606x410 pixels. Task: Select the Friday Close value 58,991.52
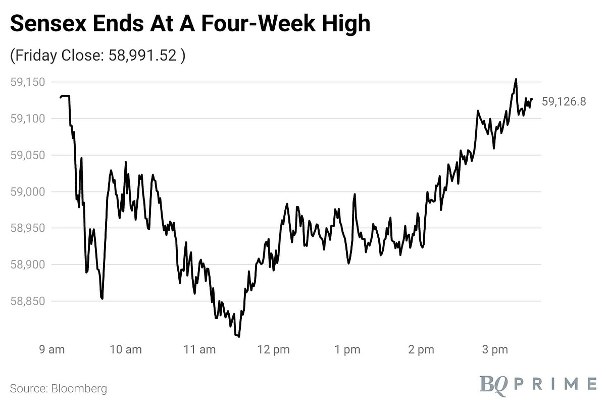click(x=142, y=56)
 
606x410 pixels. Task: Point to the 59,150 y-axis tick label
click(x=28, y=82)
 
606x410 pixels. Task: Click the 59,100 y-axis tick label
click(x=28, y=119)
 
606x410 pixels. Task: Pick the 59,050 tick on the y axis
click(x=28, y=155)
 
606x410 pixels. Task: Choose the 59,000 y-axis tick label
click(x=28, y=192)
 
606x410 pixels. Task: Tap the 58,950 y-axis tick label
click(x=28, y=228)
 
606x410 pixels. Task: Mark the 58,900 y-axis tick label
click(x=28, y=265)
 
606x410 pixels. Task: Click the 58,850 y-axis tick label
click(x=28, y=301)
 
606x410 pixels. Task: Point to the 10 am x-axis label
click(x=126, y=349)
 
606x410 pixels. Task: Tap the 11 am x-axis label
click(x=200, y=349)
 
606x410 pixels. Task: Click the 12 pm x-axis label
click(x=273, y=349)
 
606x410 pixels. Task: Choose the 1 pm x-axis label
click(x=347, y=349)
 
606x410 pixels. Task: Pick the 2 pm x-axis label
click(x=421, y=349)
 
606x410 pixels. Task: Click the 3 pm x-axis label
click(x=494, y=349)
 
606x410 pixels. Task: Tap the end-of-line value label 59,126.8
click(x=564, y=101)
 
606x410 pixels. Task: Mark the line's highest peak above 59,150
click(x=516, y=79)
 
